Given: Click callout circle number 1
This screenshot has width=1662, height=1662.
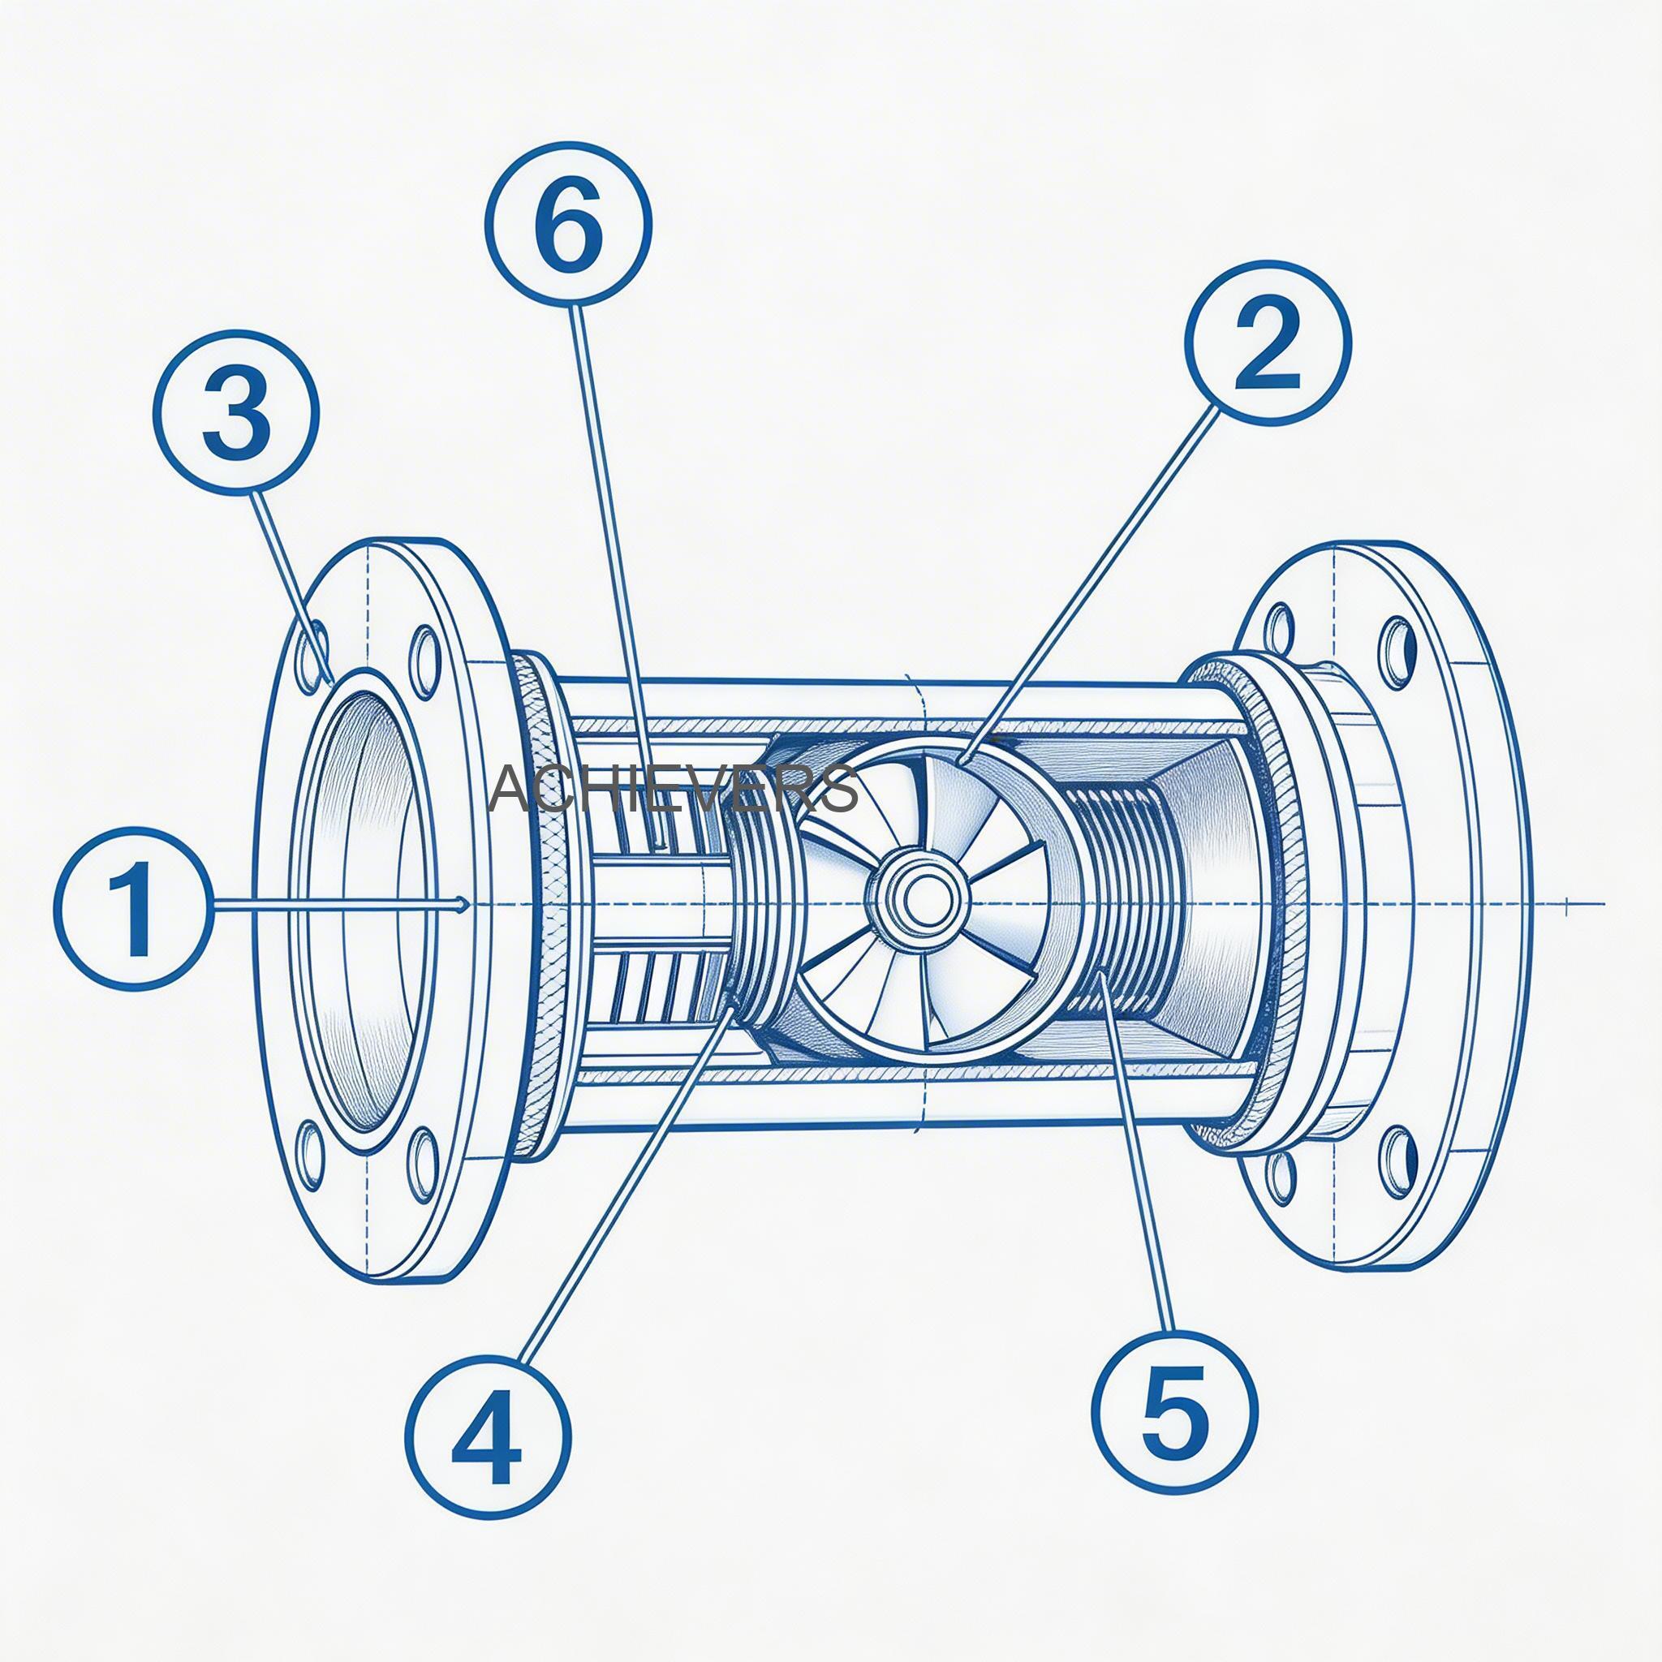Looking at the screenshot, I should pyautogui.click(x=131, y=906).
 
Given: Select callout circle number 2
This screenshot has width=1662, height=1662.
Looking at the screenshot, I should pyautogui.click(x=1268, y=342).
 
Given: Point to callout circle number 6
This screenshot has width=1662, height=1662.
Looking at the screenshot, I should pyautogui.click(x=568, y=223).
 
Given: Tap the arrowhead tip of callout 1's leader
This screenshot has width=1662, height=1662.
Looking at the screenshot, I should pyautogui.click(x=465, y=904).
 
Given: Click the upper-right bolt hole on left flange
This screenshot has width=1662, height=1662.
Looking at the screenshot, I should pyautogui.click(x=425, y=662).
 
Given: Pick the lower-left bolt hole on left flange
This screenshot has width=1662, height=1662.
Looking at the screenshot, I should pyautogui.click(x=311, y=1156).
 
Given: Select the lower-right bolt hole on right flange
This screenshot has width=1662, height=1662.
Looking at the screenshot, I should pyautogui.click(x=1399, y=1160).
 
